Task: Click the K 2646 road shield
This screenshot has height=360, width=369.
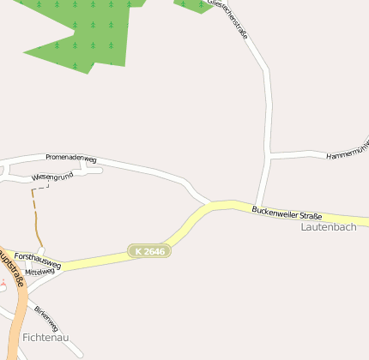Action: point(149,251)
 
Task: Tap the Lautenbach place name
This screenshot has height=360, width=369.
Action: point(329,227)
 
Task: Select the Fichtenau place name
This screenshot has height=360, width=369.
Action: point(45,337)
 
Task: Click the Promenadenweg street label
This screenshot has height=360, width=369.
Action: point(70,159)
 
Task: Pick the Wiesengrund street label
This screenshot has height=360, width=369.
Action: point(51,177)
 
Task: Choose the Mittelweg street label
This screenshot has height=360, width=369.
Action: point(39,272)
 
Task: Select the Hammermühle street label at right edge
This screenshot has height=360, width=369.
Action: point(347,152)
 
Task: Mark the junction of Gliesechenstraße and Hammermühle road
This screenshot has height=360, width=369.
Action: point(270,156)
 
